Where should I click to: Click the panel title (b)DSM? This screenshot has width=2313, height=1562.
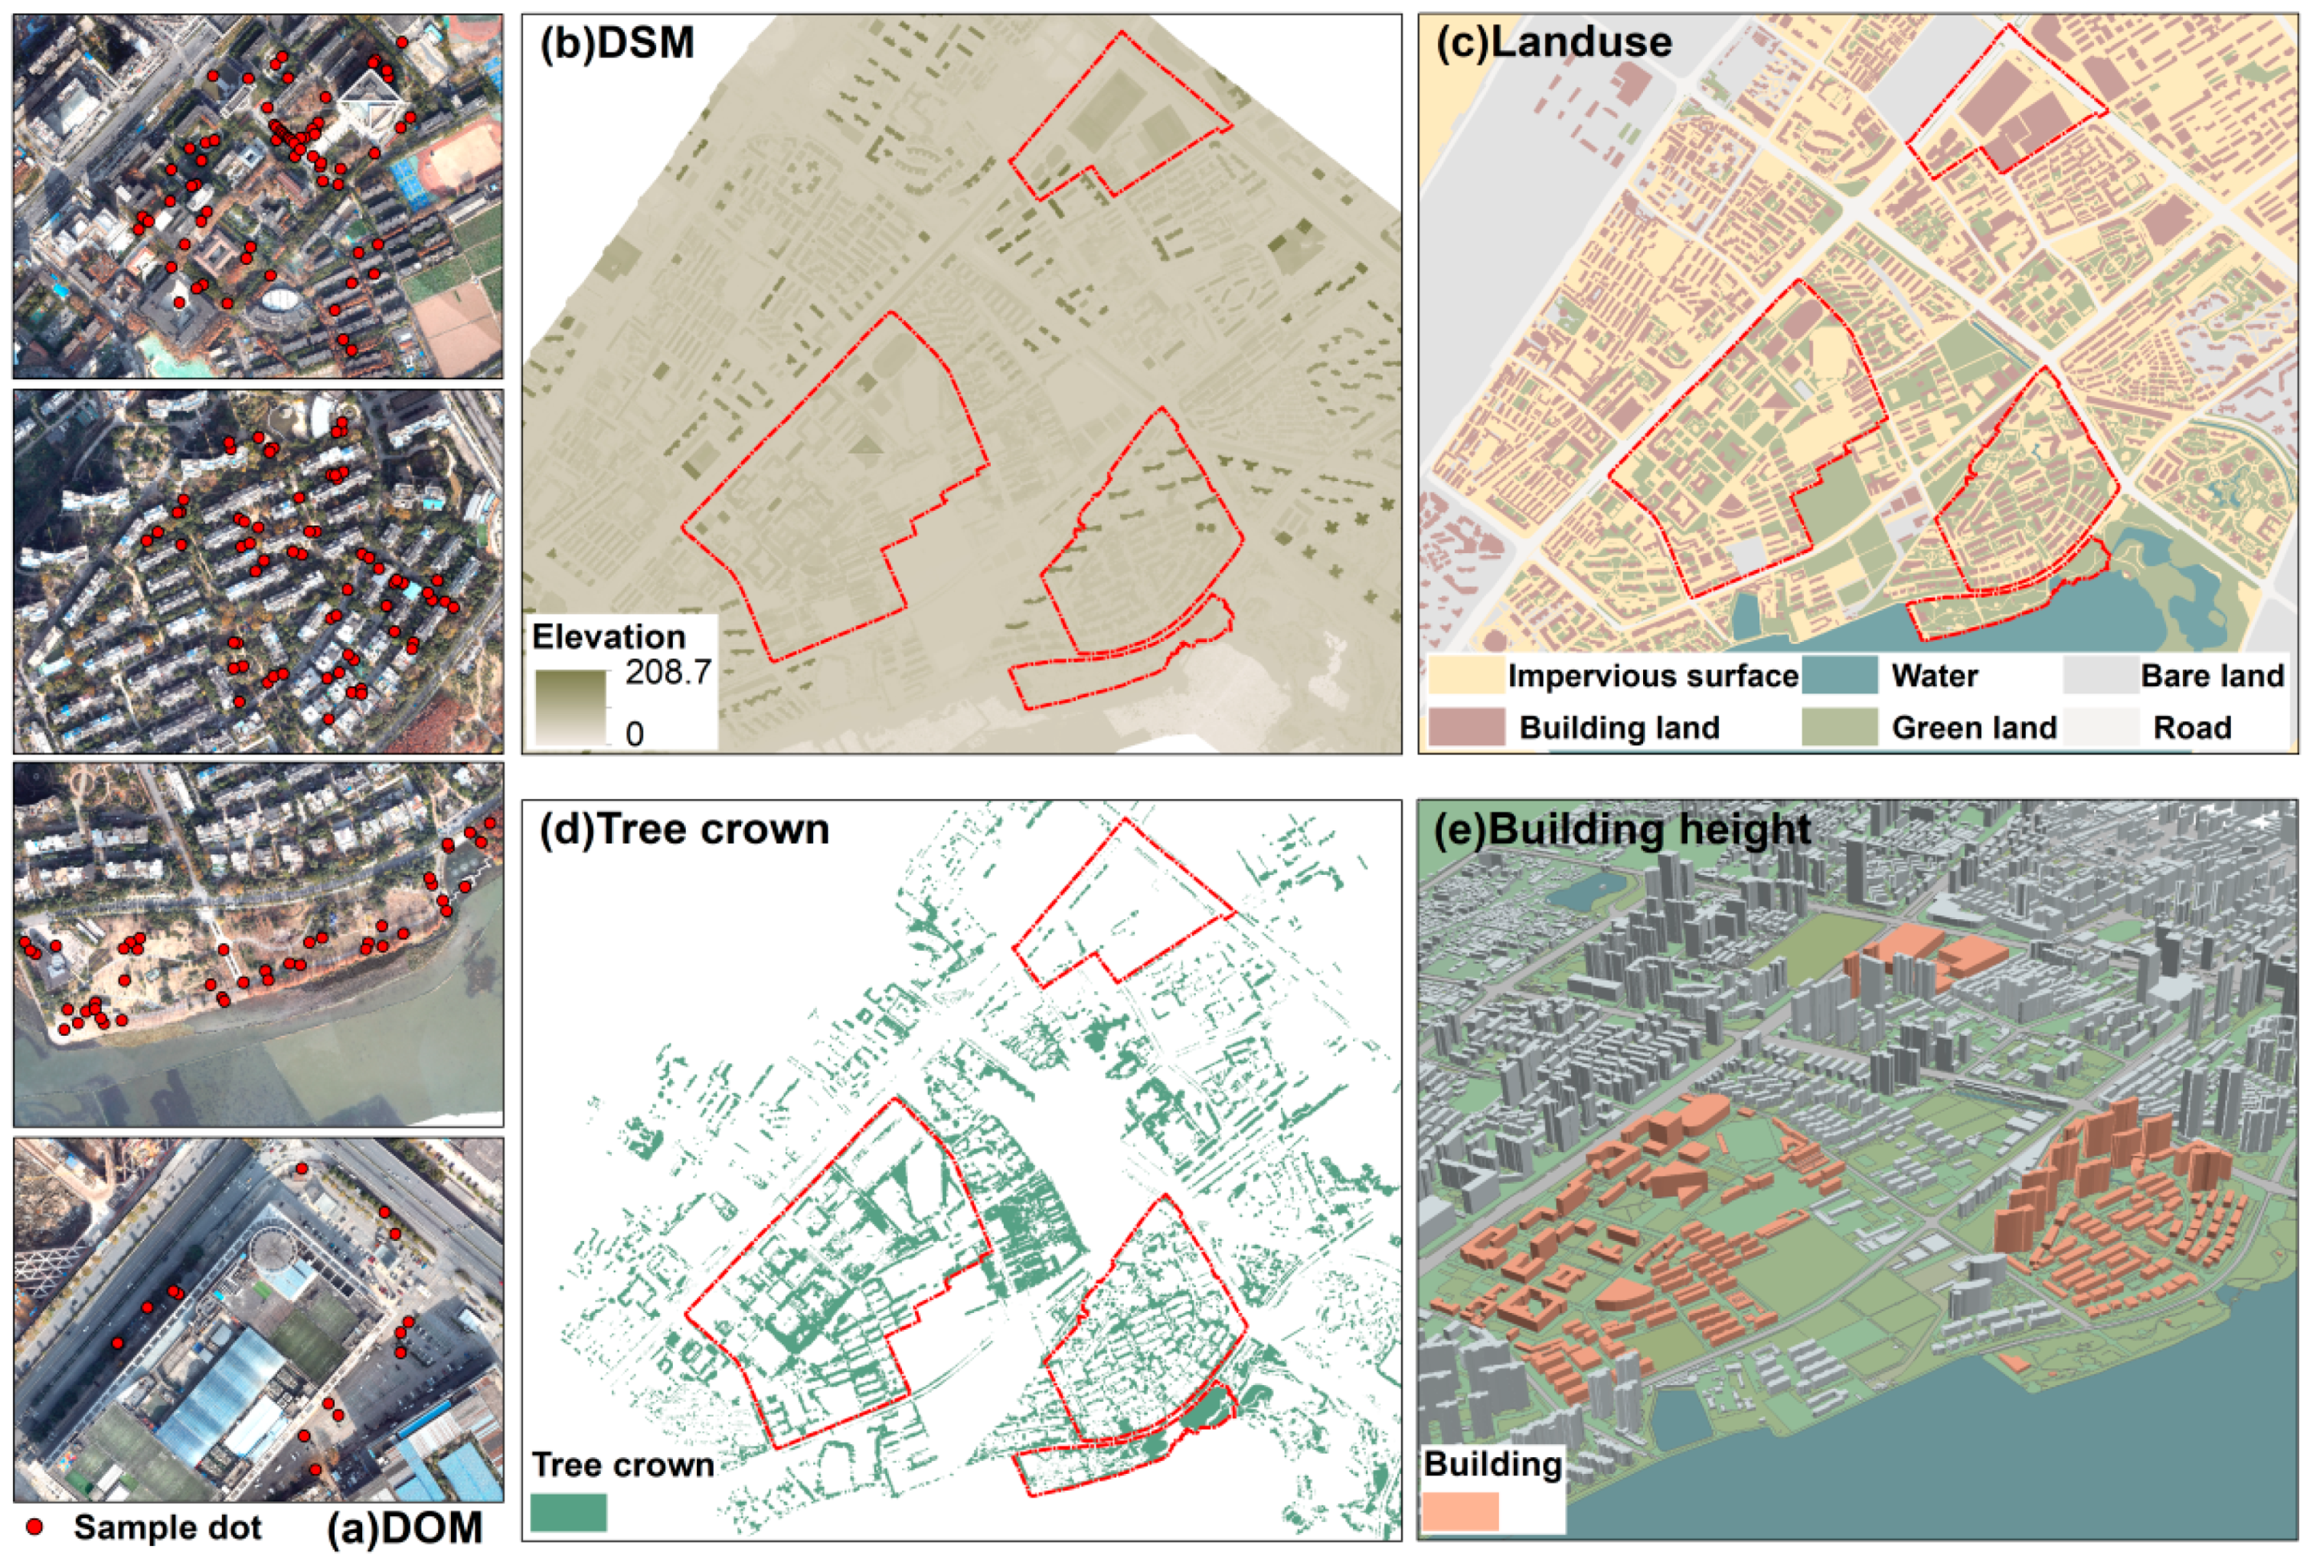click(616, 44)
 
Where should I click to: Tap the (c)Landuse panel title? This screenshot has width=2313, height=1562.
click(1553, 42)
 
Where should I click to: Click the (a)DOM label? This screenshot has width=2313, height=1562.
click(404, 1528)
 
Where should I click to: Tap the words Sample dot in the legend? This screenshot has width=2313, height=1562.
click(167, 1528)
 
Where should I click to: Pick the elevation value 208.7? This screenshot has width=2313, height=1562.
click(668, 673)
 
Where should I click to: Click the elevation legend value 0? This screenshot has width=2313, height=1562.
click(634, 734)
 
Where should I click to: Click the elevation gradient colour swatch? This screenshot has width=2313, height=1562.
click(570, 707)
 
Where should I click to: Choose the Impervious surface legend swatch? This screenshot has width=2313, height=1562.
click(1465, 675)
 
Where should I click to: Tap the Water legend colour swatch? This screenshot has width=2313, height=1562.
click(1839, 675)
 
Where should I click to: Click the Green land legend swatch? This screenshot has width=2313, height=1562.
click(1839, 727)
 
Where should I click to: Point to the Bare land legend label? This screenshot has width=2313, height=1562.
click(2211, 675)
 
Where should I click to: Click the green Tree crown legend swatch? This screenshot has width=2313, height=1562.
click(568, 1512)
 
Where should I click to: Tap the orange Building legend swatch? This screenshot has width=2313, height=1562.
click(1460, 1511)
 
